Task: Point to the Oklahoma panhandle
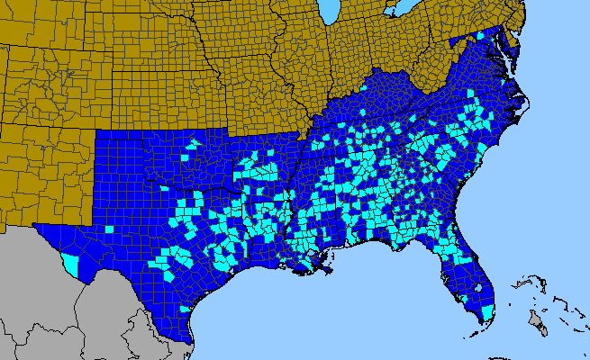[126, 136]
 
